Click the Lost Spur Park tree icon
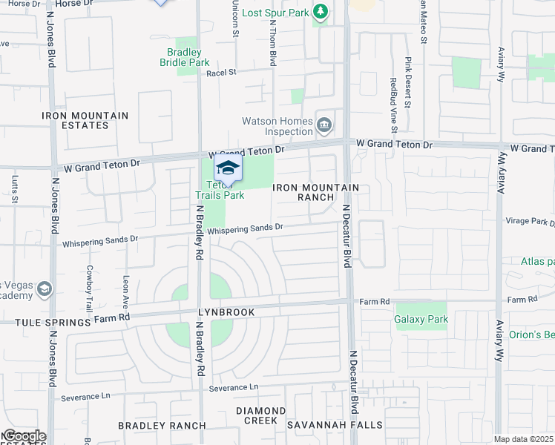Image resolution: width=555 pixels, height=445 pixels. coord(321,12)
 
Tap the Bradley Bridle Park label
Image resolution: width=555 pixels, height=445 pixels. coord(185,57)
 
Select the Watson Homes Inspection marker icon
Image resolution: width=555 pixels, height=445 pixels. coord(324,125)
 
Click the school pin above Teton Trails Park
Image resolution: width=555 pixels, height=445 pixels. coord(228,168)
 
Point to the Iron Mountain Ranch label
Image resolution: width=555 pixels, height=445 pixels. coord(316,193)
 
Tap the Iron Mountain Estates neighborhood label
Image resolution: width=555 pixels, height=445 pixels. coord(85,120)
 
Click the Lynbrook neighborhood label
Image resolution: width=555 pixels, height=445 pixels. coord(226,312)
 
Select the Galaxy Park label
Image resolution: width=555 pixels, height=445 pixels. coord(420,320)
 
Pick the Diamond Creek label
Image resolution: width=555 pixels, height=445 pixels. coord(260,415)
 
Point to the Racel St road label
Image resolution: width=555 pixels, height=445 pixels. coord(221,73)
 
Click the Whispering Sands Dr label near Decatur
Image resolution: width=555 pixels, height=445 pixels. coord(245,229)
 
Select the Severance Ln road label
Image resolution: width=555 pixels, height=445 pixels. coord(233,387)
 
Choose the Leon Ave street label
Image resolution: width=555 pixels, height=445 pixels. coord(125,291)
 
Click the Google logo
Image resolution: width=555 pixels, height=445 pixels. coord(24,436)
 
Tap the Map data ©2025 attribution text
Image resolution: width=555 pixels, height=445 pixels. coord(522,439)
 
